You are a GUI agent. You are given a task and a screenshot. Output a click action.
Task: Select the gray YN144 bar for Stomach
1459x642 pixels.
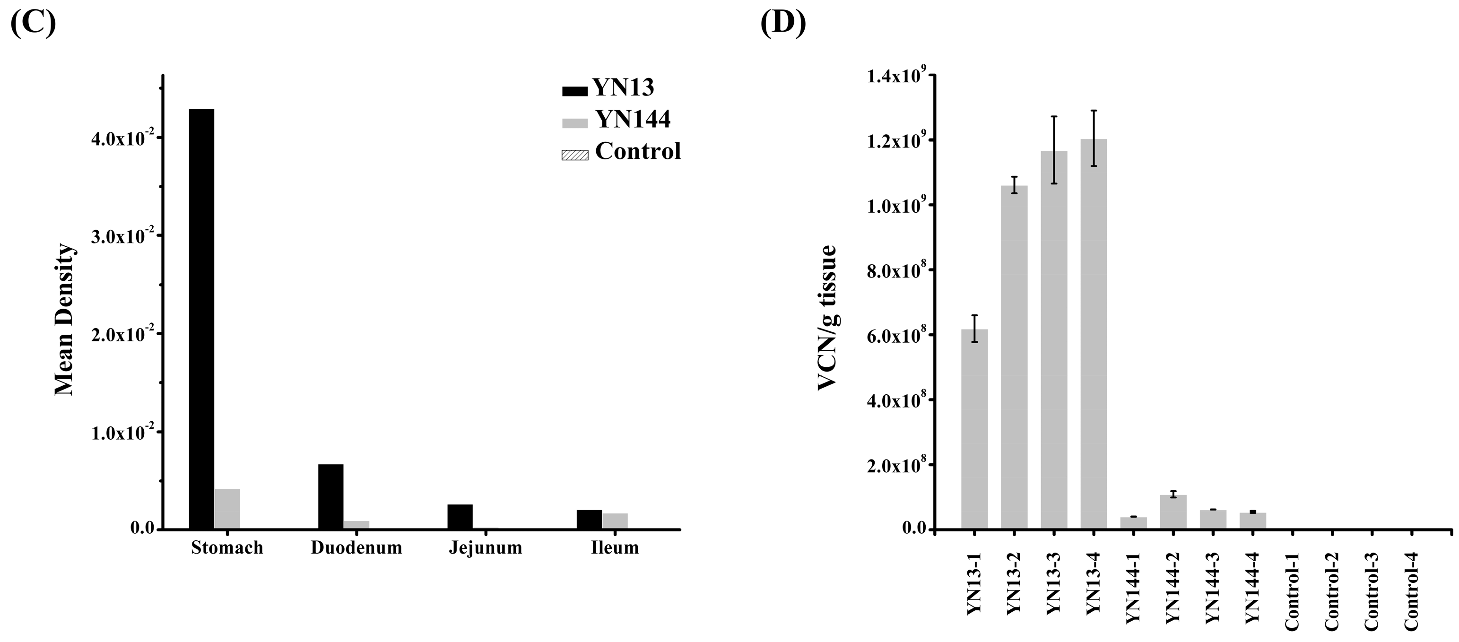pyautogui.click(x=227, y=508)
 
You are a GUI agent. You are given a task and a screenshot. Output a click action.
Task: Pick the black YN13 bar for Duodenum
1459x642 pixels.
pyautogui.click(x=331, y=496)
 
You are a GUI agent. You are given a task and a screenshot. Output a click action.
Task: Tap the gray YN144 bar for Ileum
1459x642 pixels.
pyautogui.click(x=615, y=521)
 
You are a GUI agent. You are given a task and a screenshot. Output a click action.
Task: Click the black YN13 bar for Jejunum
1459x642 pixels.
pyautogui.click(x=460, y=516)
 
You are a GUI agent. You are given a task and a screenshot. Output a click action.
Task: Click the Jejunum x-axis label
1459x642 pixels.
pyautogui.click(x=486, y=548)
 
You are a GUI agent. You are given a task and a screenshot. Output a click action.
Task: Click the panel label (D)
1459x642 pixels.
pyautogui.click(x=783, y=23)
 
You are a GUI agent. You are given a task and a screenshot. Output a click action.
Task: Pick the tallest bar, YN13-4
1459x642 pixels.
pyautogui.click(x=1094, y=334)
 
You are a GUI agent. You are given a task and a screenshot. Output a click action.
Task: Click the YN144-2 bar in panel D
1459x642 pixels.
pyautogui.click(x=1173, y=512)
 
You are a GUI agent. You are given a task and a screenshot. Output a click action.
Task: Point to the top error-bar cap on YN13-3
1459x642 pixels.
pyautogui.click(x=1054, y=117)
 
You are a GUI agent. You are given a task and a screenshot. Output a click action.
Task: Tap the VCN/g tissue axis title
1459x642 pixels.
pyautogui.click(x=828, y=318)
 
